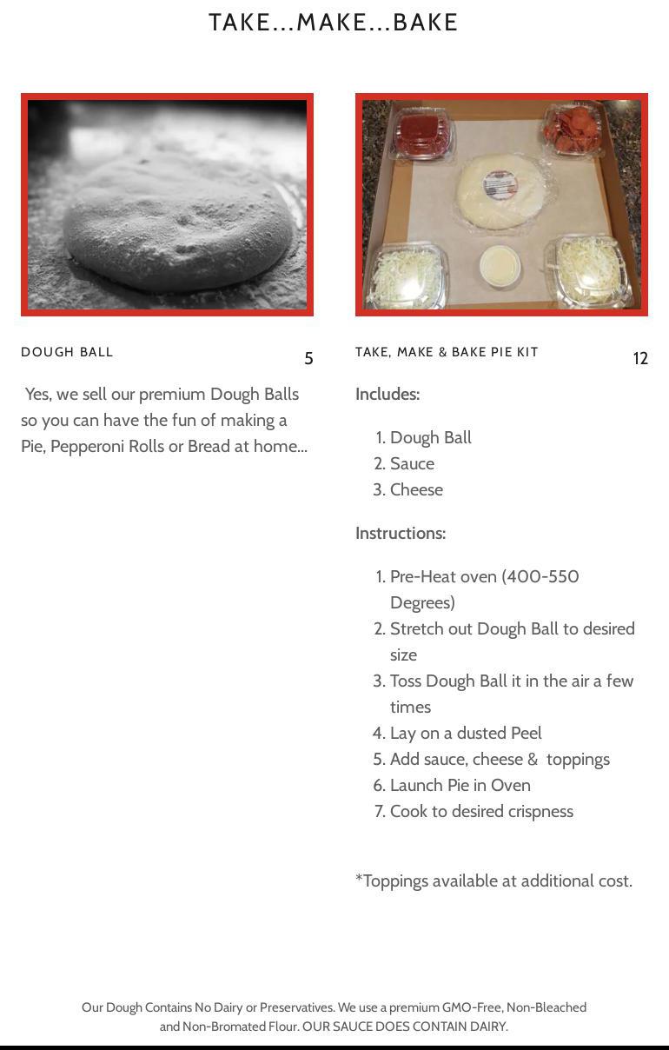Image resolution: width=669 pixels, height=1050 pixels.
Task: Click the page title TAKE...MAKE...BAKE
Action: (x=333, y=23)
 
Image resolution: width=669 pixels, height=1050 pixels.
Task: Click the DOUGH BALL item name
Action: (x=67, y=352)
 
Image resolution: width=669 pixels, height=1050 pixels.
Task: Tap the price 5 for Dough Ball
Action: (x=308, y=359)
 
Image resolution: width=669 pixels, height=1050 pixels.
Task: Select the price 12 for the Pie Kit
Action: (x=640, y=359)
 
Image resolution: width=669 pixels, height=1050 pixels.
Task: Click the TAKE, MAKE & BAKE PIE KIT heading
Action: (x=447, y=352)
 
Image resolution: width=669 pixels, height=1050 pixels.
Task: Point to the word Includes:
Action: (x=387, y=395)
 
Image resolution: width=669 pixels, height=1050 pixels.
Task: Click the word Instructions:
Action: (x=401, y=534)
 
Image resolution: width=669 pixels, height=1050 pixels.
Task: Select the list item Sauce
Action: (x=413, y=463)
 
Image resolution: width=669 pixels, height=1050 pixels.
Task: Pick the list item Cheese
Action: (x=416, y=490)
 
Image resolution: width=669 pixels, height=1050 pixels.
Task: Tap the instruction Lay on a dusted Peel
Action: (x=466, y=733)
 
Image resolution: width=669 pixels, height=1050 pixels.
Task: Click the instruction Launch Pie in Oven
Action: (x=460, y=785)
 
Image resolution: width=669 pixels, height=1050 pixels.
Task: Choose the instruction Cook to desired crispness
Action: (x=481, y=812)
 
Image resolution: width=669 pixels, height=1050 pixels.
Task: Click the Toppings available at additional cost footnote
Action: (x=493, y=881)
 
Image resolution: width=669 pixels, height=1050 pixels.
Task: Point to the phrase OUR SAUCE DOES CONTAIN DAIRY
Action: (x=405, y=1027)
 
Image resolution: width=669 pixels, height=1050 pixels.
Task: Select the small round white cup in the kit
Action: (x=500, y=266)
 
